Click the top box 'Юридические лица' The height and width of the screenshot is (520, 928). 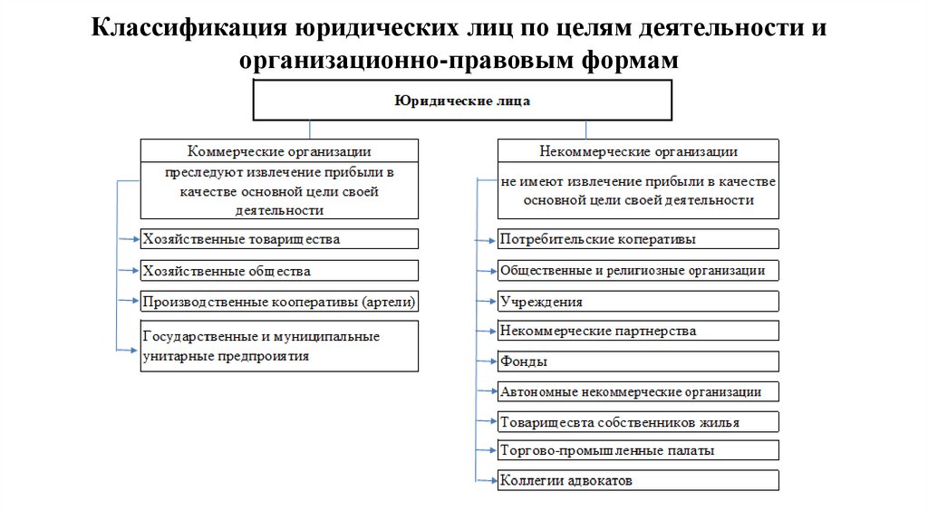point(462,101)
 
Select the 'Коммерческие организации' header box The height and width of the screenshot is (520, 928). point(279,151)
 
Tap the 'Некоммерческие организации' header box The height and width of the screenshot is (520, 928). point(637,151)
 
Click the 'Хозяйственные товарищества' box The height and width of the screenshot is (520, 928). point(279,239)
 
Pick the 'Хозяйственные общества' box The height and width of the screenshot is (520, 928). point(279,270)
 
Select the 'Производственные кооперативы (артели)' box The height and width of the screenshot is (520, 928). point(279,301)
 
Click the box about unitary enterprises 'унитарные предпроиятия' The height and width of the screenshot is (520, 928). point(279,346)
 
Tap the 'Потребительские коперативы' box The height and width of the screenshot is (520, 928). point(637,239)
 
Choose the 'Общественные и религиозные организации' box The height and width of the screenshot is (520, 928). point(637,270)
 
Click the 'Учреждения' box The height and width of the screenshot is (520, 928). point(637,301)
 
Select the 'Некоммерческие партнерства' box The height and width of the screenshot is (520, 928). point(637,332)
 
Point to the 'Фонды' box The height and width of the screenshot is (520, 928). point(637,361)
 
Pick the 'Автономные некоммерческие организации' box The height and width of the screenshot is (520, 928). point(637,391)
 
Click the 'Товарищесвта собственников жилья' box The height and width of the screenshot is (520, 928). point(637,421)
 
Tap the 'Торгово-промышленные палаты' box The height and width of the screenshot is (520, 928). point(637,450)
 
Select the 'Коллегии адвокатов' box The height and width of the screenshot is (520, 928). point(637,479)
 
